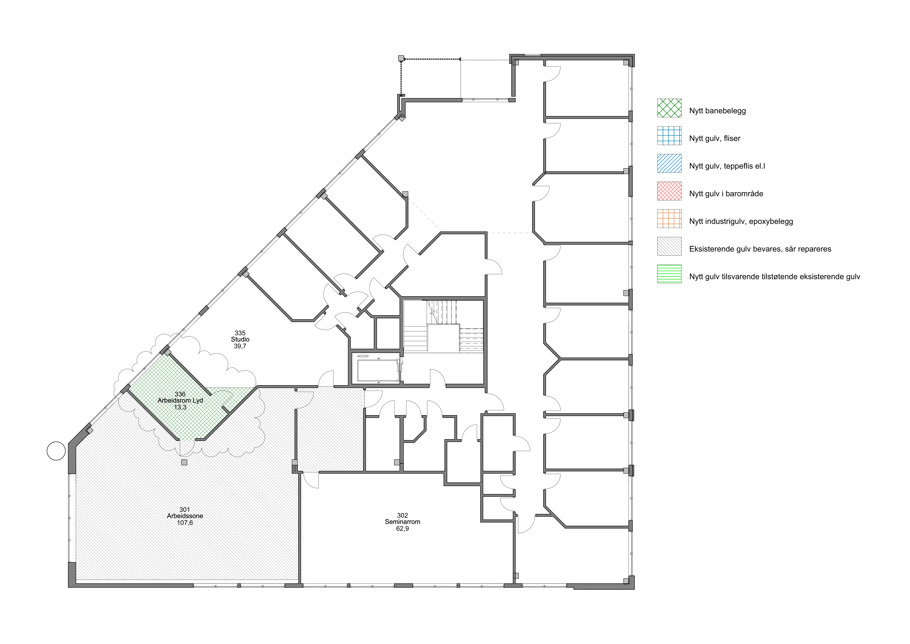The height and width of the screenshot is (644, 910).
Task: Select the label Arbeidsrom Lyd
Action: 180,400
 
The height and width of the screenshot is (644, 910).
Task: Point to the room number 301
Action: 185,509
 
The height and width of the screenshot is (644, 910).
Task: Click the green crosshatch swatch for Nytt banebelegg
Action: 669,108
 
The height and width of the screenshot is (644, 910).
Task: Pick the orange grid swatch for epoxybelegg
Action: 669,218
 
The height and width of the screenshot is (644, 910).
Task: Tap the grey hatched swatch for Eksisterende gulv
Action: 669,246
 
